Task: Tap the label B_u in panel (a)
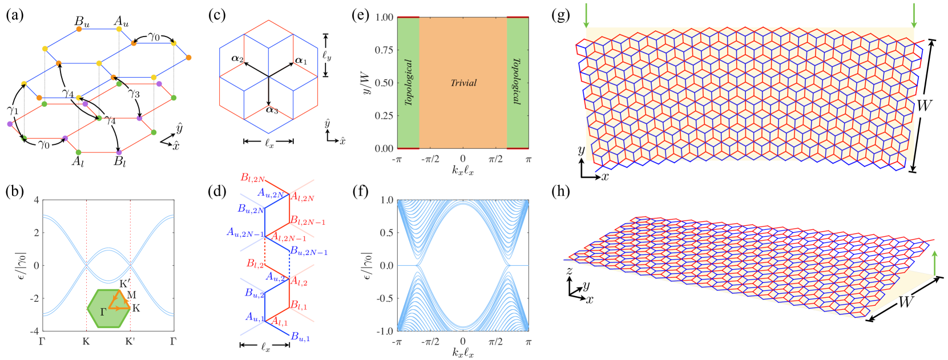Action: pyautogui.click(x=82, y=22)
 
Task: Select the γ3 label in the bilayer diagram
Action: pyautogui.click(x=134, y=94)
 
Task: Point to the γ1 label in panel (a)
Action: pyautogui.click(x=13, y=110)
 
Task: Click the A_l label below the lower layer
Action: pyautogui.click(x=78, y=161)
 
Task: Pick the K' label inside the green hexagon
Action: pyautogui.click(x=124, y=284)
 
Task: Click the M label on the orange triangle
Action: pyautogui.click(x=132, y=295)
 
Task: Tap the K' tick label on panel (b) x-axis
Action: pyautogui.click(x=130, y=342)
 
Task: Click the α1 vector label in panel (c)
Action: pyautogui.click(x=301, y=60)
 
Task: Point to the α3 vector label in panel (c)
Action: pyautogui.click(x=271, y=110)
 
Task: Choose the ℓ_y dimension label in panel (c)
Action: pyautogui.click(x=327, y=55)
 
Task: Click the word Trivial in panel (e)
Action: pyautogui.click(x=463, y=83)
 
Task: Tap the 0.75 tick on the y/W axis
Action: pyautogui.click(x=384, y=50)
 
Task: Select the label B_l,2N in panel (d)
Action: pyautogui.click(x=252, y=178)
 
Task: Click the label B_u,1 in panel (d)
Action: pyautogui.click(x=300, y=337)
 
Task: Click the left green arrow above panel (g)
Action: pyautogui.click(x=586, y=16)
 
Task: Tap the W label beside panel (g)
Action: pyautogui.click(x=924, y=106)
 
